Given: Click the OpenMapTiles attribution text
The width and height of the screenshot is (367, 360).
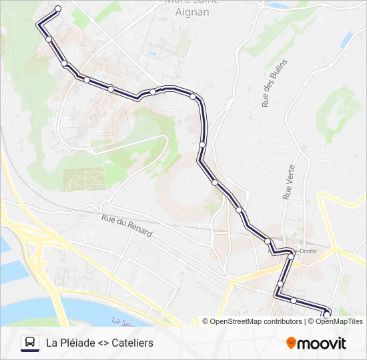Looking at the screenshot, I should [x=339, y=321].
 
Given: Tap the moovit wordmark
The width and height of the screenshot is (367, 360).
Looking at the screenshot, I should [x=322, y=343].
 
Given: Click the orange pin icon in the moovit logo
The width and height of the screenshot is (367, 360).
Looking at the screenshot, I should [x=291, y=343].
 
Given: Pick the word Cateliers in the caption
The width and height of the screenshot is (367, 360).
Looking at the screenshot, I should [x=132, y=343].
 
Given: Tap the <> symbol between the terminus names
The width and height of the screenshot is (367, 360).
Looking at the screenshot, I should [x=102, y=343].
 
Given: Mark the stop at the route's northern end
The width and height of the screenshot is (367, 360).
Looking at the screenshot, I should [x=57, y=9].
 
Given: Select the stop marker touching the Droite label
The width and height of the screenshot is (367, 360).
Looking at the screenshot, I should [x=292, y=255].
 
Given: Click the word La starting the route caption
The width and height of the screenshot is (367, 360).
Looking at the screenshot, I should [x=51, y=343].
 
